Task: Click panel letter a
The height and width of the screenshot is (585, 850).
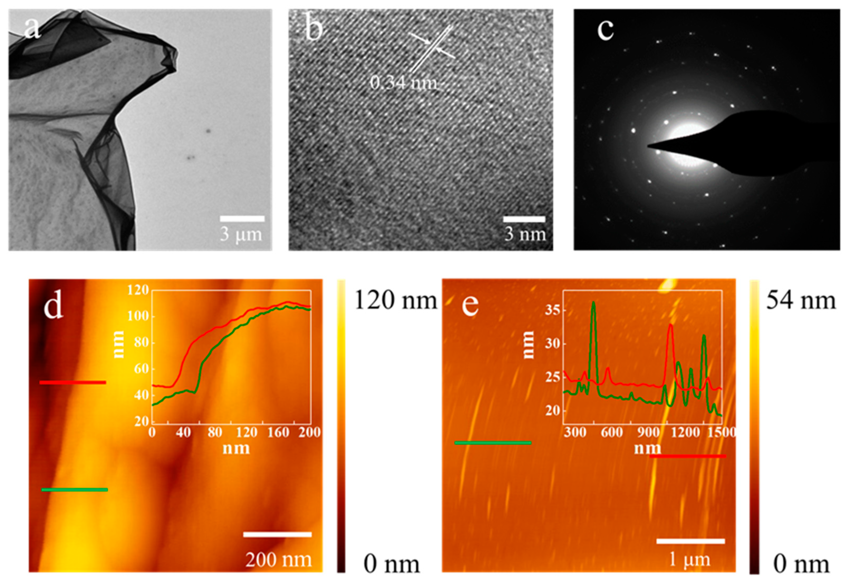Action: (x=32, y=28)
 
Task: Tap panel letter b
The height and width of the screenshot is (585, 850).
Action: (x=314, y=29)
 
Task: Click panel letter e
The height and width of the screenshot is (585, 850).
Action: (x=470, y=305)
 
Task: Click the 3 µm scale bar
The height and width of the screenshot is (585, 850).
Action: (x=242, y=219)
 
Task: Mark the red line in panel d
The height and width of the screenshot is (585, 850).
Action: (x=73, y=383)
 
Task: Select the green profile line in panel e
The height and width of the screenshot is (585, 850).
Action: (x=493, y=443)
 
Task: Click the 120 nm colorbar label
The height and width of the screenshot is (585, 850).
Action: (x=396, y=301)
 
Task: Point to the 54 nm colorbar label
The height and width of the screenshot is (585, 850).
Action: (x=801, y=301)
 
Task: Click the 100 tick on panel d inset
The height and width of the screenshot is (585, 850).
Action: (x=138, y=316)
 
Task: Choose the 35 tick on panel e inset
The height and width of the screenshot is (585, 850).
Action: (x=553, y=311)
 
